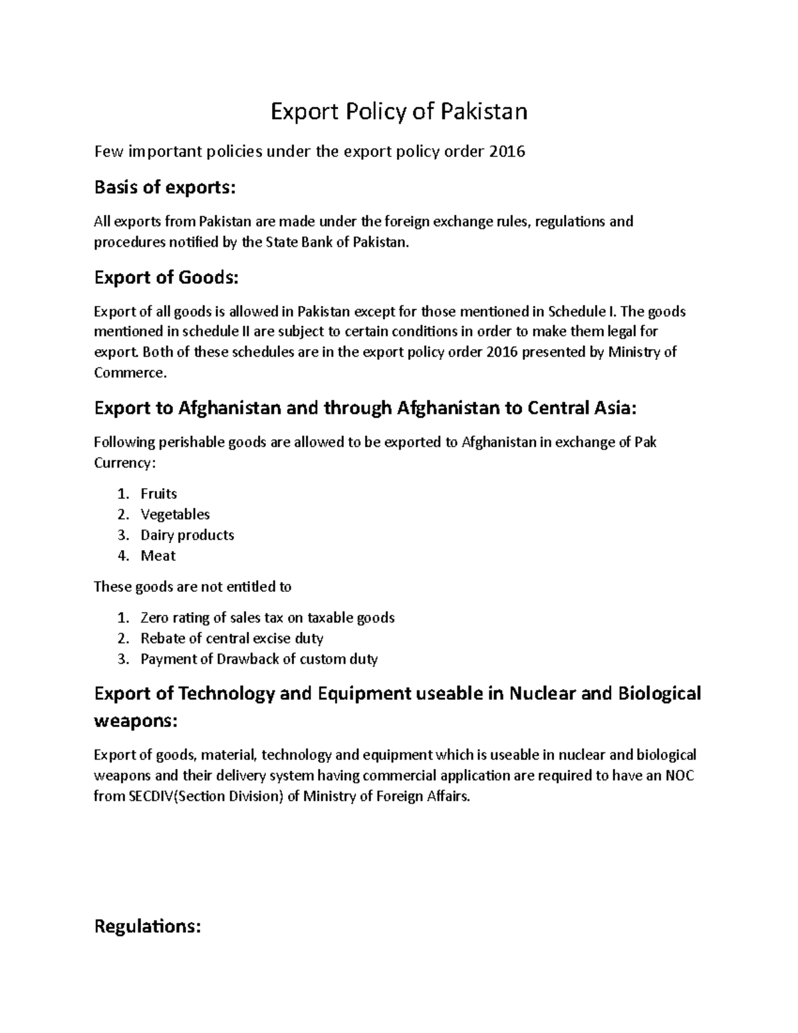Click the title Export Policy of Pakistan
[x=398, y=111]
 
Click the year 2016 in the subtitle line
[x=507, y=152]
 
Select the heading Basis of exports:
[x=165, y=188]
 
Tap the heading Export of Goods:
[x=166, y=277]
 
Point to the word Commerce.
[x=130, y=372]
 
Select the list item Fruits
[x=158, y=494]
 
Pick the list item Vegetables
[x=175, y=514]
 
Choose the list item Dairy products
[x=187, y=535]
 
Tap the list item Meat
[x=158, y=555]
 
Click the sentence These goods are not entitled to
[x=193, y=587]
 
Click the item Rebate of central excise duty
[x=231, y=639]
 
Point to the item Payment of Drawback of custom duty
[x=259, y=659]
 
